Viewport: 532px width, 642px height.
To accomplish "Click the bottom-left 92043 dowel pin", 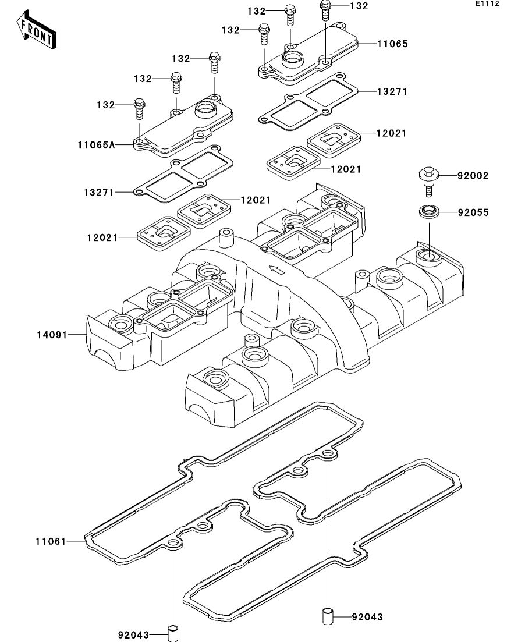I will pos(173,632).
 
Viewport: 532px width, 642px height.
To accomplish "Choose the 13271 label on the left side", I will pos(98,191).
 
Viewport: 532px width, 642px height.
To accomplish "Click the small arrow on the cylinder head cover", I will pos(277,269).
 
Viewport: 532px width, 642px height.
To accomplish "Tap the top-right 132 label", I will pos(359,6).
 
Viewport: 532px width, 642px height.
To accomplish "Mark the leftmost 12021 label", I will pos(103,238).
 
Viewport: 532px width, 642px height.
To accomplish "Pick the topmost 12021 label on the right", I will pos(391,133).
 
